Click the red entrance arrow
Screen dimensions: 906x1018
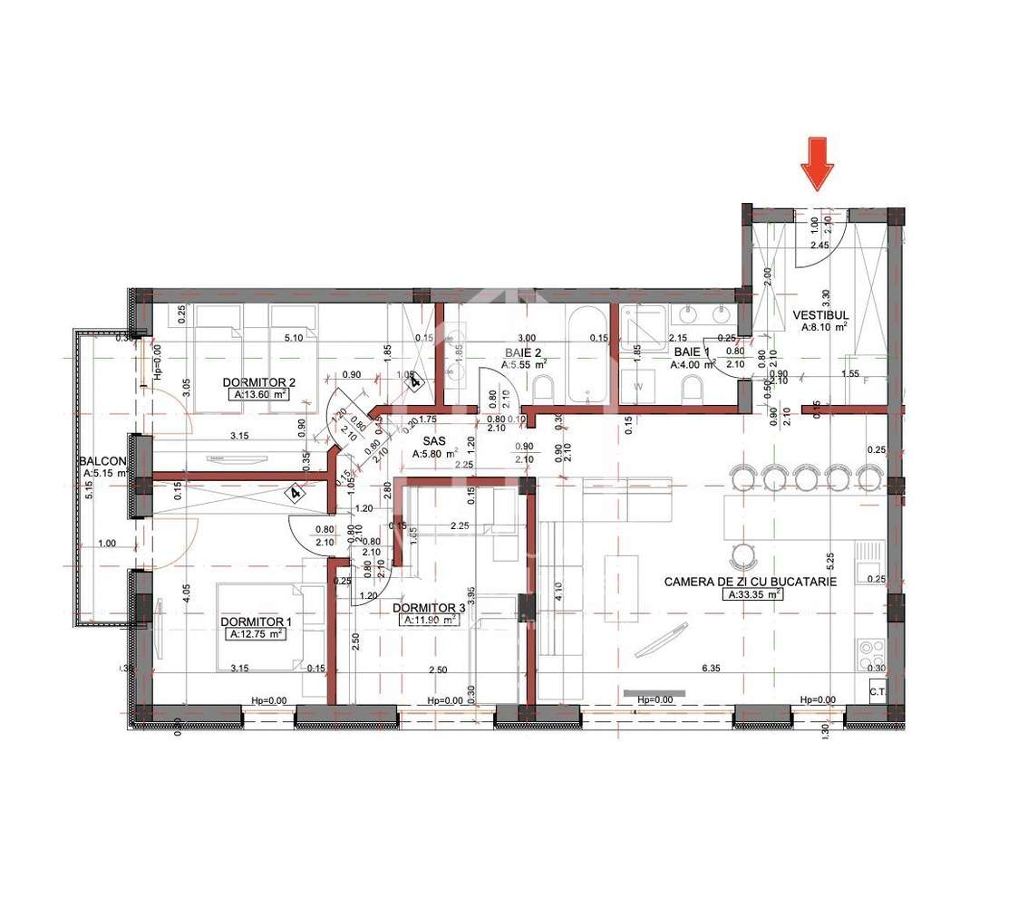(x=818, y=162)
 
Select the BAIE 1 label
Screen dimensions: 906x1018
(x=692, y=352)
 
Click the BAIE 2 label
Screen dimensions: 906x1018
(x=523, y=352)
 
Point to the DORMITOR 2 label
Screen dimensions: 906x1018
(x=258, y=382)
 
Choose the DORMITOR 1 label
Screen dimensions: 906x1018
(x=257, y=621)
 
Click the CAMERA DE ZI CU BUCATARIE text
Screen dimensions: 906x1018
(x=750, y=582)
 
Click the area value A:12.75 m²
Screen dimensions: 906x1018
(x=257, y=634)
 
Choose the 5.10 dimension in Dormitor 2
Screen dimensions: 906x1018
(x=294, y=339)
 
